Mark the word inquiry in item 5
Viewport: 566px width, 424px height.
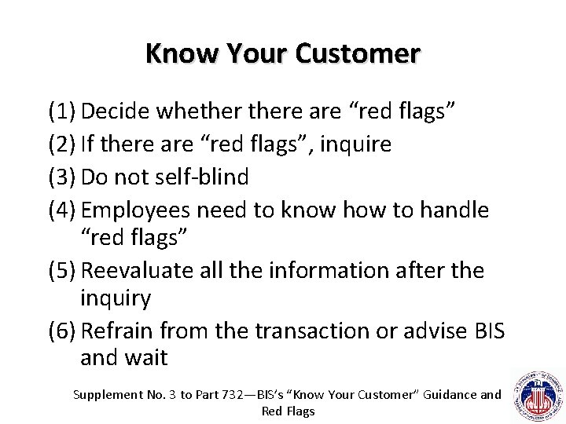(x=116, y=298)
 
